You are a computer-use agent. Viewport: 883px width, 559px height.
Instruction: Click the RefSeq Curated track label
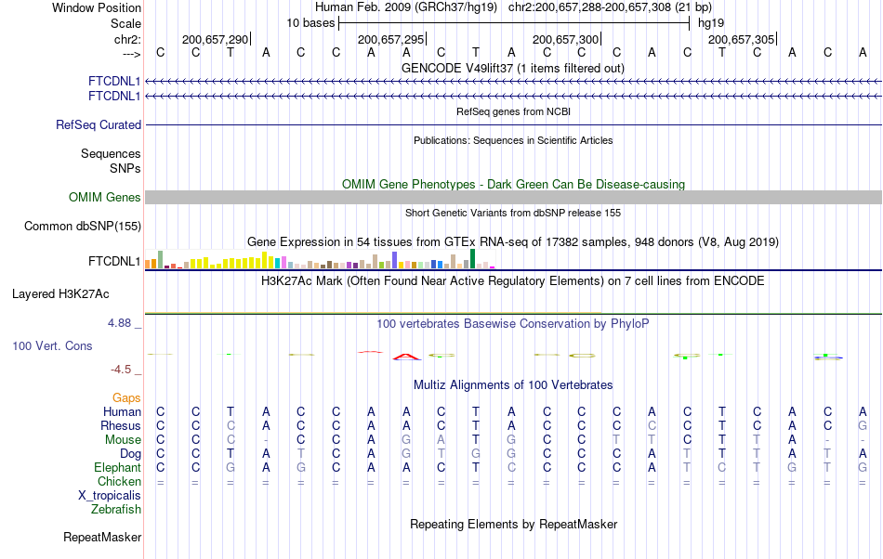[99, 124]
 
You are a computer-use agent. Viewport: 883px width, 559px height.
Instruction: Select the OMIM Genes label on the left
[104, 197]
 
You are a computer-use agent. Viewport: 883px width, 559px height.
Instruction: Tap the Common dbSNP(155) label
[83, 226]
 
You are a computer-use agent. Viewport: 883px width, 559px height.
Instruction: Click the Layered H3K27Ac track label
[60, 293]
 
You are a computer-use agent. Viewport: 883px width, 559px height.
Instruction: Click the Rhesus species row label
[120, 425]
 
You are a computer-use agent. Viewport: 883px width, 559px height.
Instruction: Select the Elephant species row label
[117, 467]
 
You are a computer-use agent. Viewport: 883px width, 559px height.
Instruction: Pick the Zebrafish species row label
[116, 509]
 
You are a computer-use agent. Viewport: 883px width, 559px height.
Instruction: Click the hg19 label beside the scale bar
[711, 22]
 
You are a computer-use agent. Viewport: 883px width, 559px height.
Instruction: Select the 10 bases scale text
[310, 22]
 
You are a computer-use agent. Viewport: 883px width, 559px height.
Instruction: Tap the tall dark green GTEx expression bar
[473, 259]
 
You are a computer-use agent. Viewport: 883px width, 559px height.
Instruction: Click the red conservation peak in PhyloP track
[406, 356]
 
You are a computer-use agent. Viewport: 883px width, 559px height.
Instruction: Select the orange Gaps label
[126, 397]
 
